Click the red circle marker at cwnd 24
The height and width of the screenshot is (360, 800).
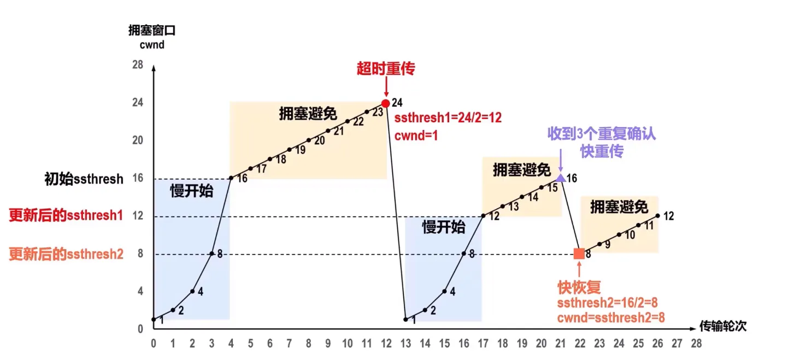pos(386,103)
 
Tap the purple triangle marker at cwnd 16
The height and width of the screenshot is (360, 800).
pos(561,177)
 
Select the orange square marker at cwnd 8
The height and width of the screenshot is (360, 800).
pos(579,253)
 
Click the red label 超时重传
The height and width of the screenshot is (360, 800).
pos(386,68)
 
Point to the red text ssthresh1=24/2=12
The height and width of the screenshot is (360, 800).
pos(448,117)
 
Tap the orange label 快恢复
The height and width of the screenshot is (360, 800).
pos(579,287)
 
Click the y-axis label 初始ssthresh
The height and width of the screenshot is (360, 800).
pos(84,179)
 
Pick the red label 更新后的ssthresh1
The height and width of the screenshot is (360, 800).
pos(66,216)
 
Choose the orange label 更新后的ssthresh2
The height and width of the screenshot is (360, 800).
pos(66,254)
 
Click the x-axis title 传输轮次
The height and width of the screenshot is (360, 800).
pos(723,327)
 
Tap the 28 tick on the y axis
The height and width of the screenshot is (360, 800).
pos(138,65)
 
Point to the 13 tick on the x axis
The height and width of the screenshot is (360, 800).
pos(406,344)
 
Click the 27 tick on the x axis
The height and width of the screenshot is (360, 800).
pos(677,344)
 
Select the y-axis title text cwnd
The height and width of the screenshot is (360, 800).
pos(152,45)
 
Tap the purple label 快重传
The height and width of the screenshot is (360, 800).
pos(602,151)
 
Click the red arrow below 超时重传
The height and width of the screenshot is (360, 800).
pos(386,86)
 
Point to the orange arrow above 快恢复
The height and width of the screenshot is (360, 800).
pos(579,269)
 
